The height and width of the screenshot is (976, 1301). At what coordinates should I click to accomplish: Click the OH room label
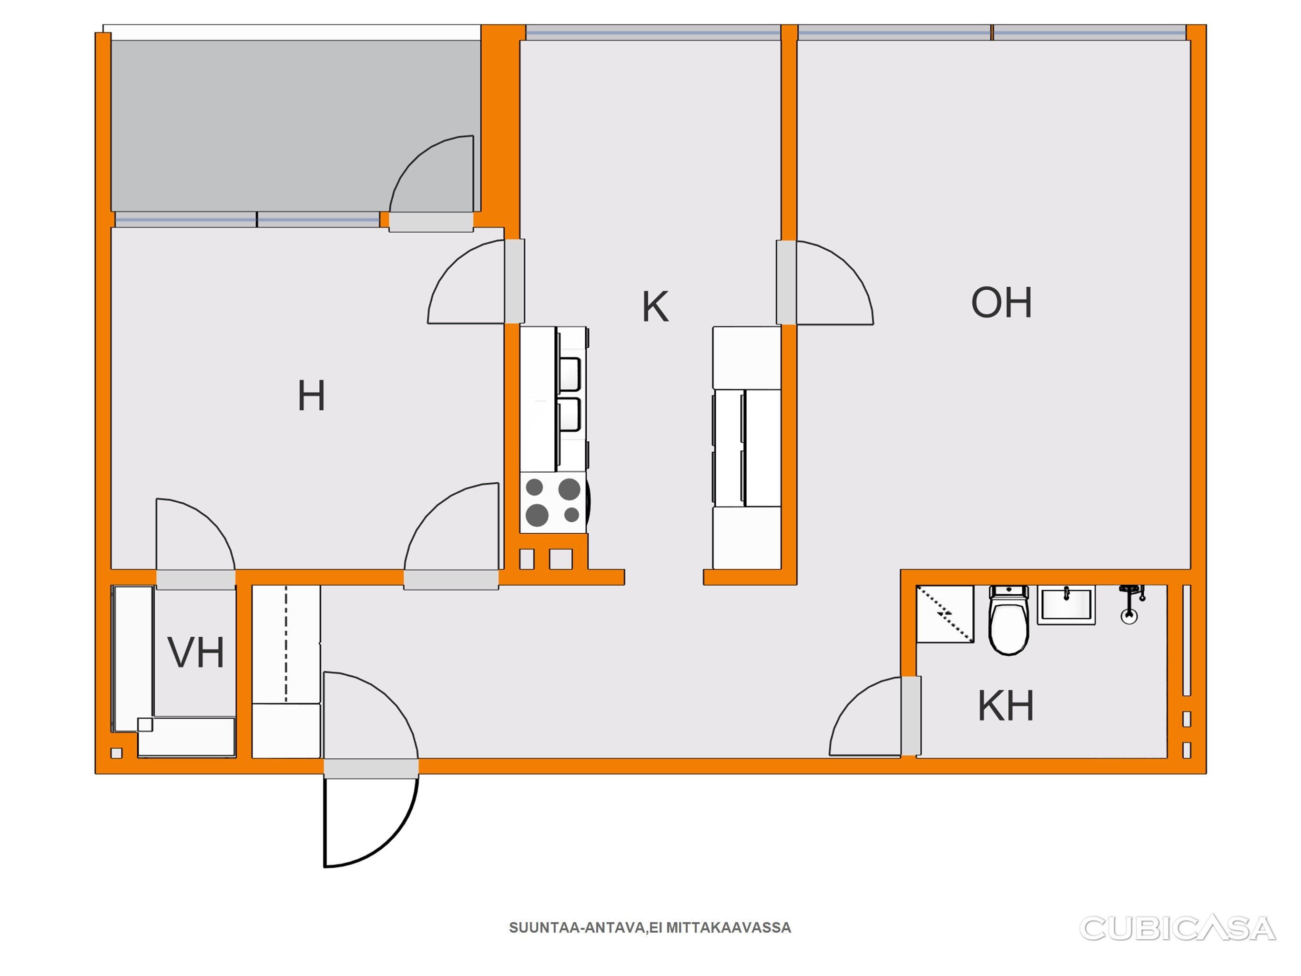(x=1001, y=303)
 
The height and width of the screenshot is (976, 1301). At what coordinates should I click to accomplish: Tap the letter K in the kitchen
(x=655, y=306)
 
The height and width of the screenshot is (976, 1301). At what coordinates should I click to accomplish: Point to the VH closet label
(x=196, y=652)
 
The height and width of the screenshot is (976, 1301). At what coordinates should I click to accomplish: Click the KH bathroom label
(x=1006, y=706)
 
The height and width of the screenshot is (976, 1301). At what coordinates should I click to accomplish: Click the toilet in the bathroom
(x=1009, y=620)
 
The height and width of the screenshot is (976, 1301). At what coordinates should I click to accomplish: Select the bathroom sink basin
(x=1066, y=605)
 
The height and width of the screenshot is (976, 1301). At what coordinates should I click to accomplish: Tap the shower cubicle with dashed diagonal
(x=945, y=614)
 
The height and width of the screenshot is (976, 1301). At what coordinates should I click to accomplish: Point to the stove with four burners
(x=553, y=502)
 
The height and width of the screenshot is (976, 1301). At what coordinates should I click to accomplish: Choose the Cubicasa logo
(x=1178, y=928)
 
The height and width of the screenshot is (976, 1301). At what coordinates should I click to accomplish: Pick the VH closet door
(x=196, y=535)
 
